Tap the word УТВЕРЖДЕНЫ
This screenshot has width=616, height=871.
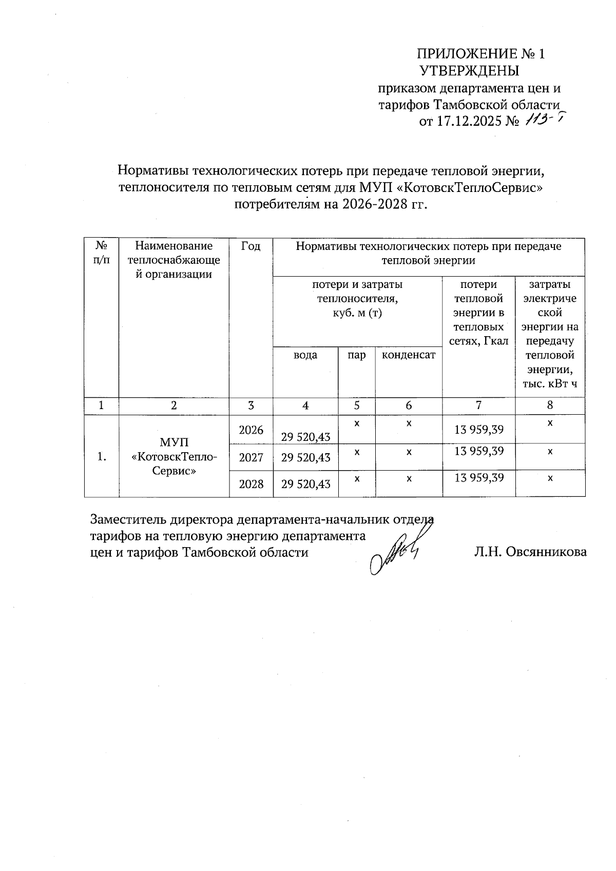pos(469,71)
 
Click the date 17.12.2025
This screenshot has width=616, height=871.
pos(468,122)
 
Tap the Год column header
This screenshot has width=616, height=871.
pos(251,246)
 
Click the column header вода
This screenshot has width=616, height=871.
pos(305,355)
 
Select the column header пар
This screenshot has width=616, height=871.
pos(356,355)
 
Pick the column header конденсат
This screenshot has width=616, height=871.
pos(409,355)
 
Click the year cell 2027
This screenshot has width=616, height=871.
pos(251,457)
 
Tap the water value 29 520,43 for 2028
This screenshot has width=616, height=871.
pos(305,483)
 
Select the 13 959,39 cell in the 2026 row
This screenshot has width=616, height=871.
pos(478,430)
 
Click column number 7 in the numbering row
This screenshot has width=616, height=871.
pos(478,405)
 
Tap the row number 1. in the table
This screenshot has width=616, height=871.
pos(102,456)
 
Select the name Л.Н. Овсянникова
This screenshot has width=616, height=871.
pos(530,552)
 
